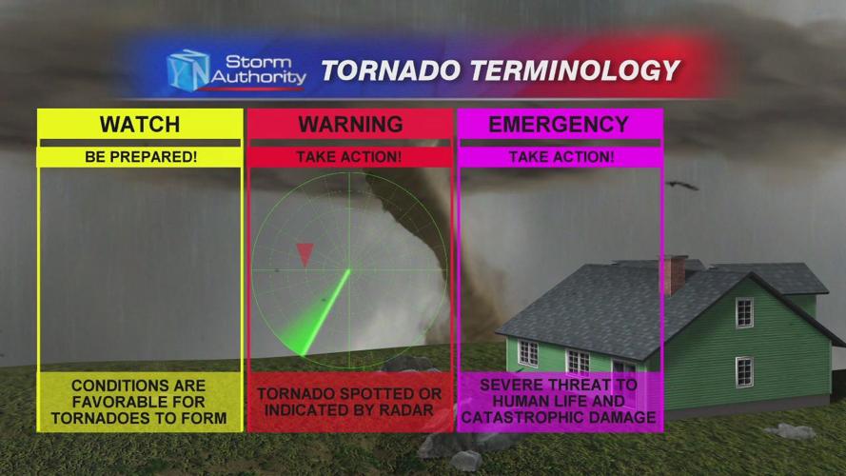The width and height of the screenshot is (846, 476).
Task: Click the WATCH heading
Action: [139, 125]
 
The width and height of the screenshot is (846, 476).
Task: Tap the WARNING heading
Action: [349, 125]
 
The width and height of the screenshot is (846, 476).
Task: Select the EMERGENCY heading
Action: [559, 125]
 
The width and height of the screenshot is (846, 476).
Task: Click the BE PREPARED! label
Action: [139, 156]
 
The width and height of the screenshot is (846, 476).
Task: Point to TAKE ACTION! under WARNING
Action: [349, 156]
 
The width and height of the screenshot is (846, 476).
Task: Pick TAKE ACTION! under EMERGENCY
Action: [560, 156]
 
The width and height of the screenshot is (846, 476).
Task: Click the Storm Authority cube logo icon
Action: [187, 69]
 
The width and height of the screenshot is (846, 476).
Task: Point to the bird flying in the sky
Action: [680, 185]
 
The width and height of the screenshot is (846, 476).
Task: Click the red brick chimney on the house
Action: [674, 273]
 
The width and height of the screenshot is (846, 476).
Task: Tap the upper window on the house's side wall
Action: [744, 312]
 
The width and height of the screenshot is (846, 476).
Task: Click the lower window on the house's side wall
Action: [744, 371]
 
